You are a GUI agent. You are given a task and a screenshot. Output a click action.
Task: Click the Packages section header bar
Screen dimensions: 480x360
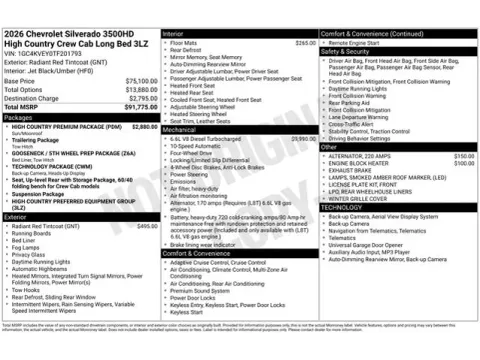coord(80,118)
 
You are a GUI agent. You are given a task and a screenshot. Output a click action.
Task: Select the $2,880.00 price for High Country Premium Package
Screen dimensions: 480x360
coord(144,127)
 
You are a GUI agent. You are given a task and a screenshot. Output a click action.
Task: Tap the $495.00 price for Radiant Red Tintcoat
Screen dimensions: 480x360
coord(146,227)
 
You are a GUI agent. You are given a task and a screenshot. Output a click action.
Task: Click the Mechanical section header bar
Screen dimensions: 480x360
coord(240,130)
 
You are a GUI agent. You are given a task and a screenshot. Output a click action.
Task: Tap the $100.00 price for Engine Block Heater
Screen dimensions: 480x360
coord(464,164)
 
